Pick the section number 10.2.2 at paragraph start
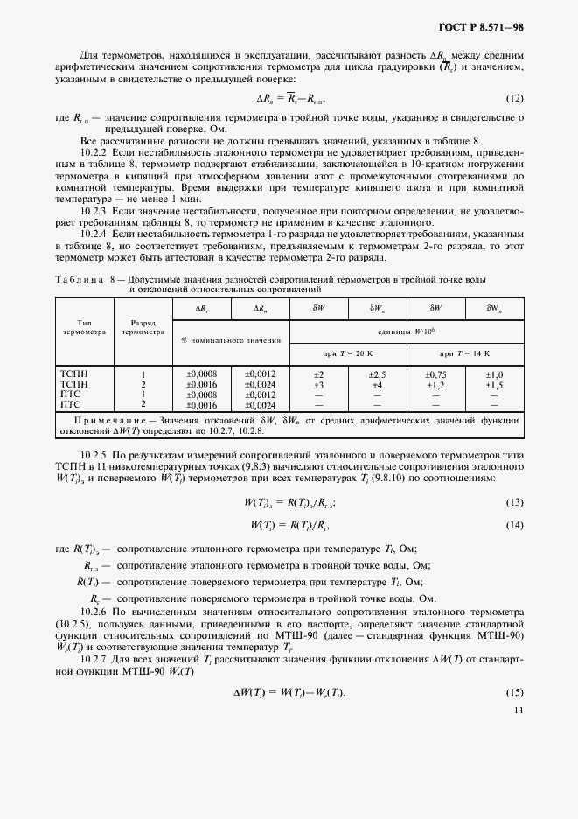click(93, 150)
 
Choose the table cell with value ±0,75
click(435, 374)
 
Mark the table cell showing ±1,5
click(494, 385)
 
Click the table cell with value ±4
click(377, 385)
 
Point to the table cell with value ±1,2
click(435, 385)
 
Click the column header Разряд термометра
click(143, 328)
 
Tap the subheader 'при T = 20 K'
click(347, 353)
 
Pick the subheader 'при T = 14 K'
click(464, 353)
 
